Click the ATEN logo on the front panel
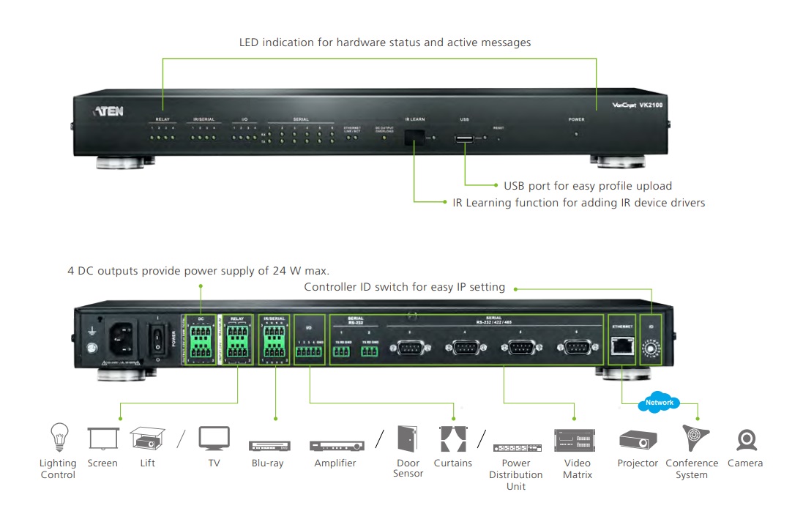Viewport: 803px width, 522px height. point(108,111)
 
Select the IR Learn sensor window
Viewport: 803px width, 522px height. point(415,136)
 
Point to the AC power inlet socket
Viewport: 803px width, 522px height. point(122,338)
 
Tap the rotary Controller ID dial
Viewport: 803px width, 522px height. point(649,349)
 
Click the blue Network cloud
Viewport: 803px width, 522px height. point(659,402)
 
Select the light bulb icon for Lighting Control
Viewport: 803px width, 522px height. point(58,438)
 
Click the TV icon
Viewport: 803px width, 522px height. point(214,439)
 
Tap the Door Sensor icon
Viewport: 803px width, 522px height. point(408,438)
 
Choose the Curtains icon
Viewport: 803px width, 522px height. point(452,438)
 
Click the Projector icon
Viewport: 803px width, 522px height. point(633,440)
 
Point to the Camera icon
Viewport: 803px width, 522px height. point(746,440)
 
